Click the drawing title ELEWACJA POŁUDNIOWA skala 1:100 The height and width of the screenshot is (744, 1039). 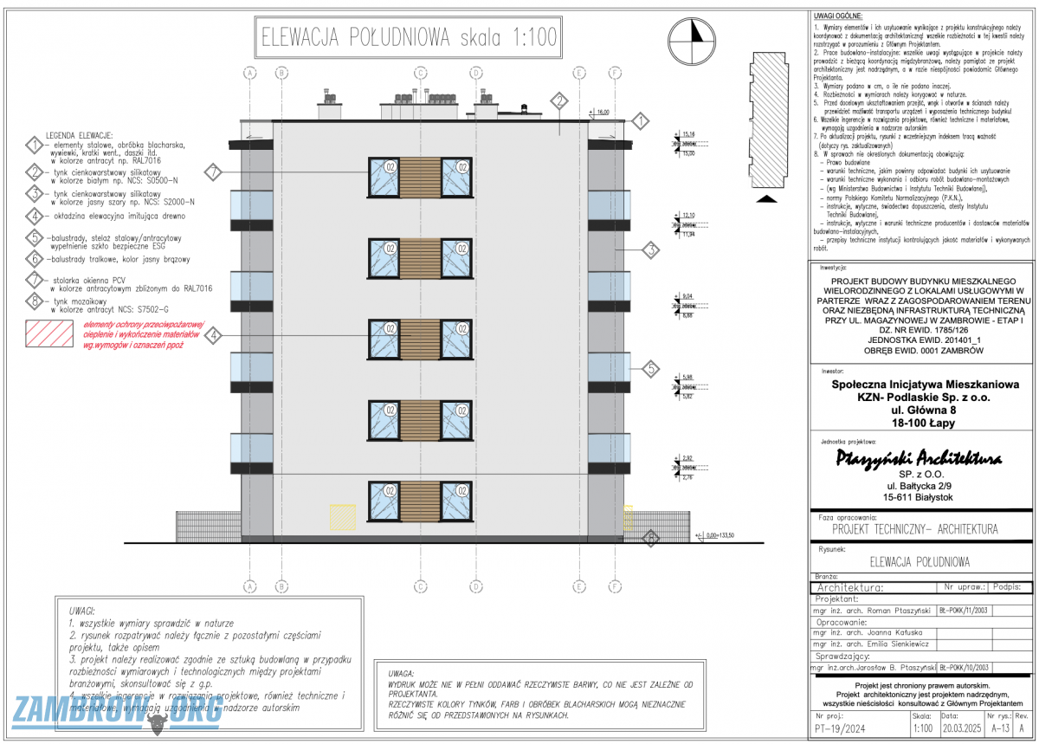pyautogui.click(x=410, y=38)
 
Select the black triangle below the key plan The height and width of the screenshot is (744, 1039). pyautogui.click(x=765, y=199)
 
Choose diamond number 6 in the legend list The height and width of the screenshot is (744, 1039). pyautogui.click(x=35, y=259)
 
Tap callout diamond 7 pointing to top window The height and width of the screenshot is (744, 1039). pyautogui.click(x=215, y=171)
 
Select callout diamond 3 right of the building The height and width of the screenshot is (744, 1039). pyautogui.click(x=651, y=251)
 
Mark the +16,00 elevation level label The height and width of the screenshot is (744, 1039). pyautogui.click(x=600, y=113)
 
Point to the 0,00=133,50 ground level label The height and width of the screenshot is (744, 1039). pyautogui.click(x=720, y=535)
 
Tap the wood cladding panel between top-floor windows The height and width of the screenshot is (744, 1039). pyautogui.click(x=419, y=177)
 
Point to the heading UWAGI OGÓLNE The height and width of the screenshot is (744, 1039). pyautogui.click(x=836, y=17)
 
